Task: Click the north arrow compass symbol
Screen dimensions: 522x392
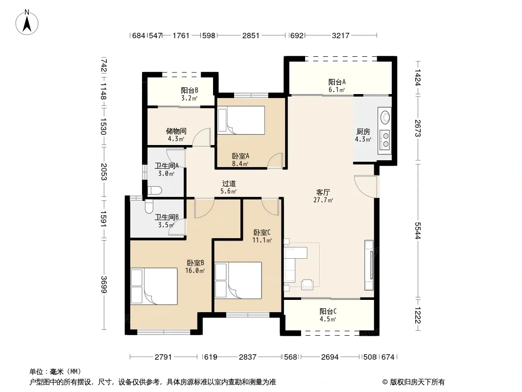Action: (x=27, y=23)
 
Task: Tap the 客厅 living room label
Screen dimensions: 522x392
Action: (x=323, y=192)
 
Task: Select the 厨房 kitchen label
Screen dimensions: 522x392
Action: (x=363, y=131)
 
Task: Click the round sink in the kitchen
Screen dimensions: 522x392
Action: (x=385, y=117)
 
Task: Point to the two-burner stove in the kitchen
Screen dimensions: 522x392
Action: (x=385, y=140)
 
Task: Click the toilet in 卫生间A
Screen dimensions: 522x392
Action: (x=154, y=191)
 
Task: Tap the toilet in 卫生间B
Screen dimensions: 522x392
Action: (x=149, y=206)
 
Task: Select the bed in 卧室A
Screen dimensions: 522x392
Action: (x=241, y=120)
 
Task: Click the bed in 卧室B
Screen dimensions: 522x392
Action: (x=154, y=286)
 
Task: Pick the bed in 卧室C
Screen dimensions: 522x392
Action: (x=238, y=280)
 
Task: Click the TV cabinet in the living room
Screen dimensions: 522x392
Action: (x=369, y=265)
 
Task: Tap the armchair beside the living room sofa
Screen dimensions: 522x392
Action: (x=307, y=284)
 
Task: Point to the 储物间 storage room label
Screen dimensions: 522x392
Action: (x=176, y=131)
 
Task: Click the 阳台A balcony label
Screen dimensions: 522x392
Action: (x=337, y=82)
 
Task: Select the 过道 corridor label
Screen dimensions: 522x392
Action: (x=229, y=184)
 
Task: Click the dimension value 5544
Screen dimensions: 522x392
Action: (x=418, y=230)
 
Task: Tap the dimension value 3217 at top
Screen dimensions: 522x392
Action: (x=340, y=35)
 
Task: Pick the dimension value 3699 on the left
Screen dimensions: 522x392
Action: (x=104, y=284)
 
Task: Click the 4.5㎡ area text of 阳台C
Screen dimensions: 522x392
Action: (x=328, y=319)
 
